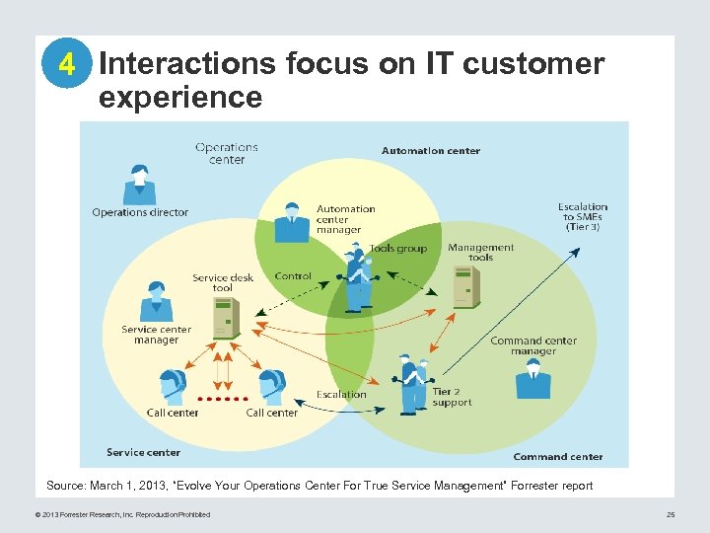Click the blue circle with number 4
coord(66,64)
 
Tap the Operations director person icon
coord(139,185)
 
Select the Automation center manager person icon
coord(292,222)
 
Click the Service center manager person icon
coord(156,301)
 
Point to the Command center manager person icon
coord(533,379)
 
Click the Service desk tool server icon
coord(226,318)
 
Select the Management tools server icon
coord(465,286)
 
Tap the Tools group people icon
coord(358,278)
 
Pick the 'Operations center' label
coord(227,153)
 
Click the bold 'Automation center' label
coord(431,151)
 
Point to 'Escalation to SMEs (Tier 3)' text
coord(582,217)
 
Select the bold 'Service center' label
coord(143,452)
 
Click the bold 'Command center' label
coord(557,456)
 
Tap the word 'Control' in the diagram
coord(293,276)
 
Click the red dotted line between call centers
coord(223,399)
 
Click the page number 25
coord(671,514)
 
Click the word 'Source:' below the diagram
coord(66,485)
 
